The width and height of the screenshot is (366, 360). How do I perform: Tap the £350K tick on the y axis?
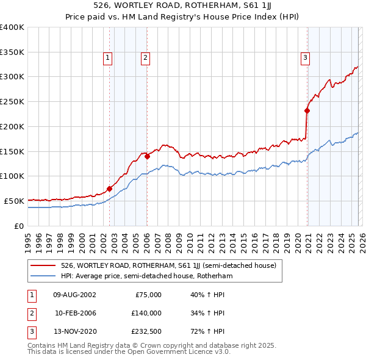[12, 52]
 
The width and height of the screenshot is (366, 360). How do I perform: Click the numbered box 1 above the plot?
[107, 58]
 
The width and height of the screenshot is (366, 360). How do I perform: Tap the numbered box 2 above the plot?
[146, 58]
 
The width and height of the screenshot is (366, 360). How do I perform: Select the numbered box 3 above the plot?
[305, 58]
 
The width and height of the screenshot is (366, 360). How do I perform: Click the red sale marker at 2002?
[110, 189]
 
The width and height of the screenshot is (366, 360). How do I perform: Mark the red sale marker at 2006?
[148, 156]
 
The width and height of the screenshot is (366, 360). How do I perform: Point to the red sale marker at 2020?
[307, 110]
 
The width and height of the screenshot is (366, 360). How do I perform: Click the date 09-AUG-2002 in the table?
[74, 295]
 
